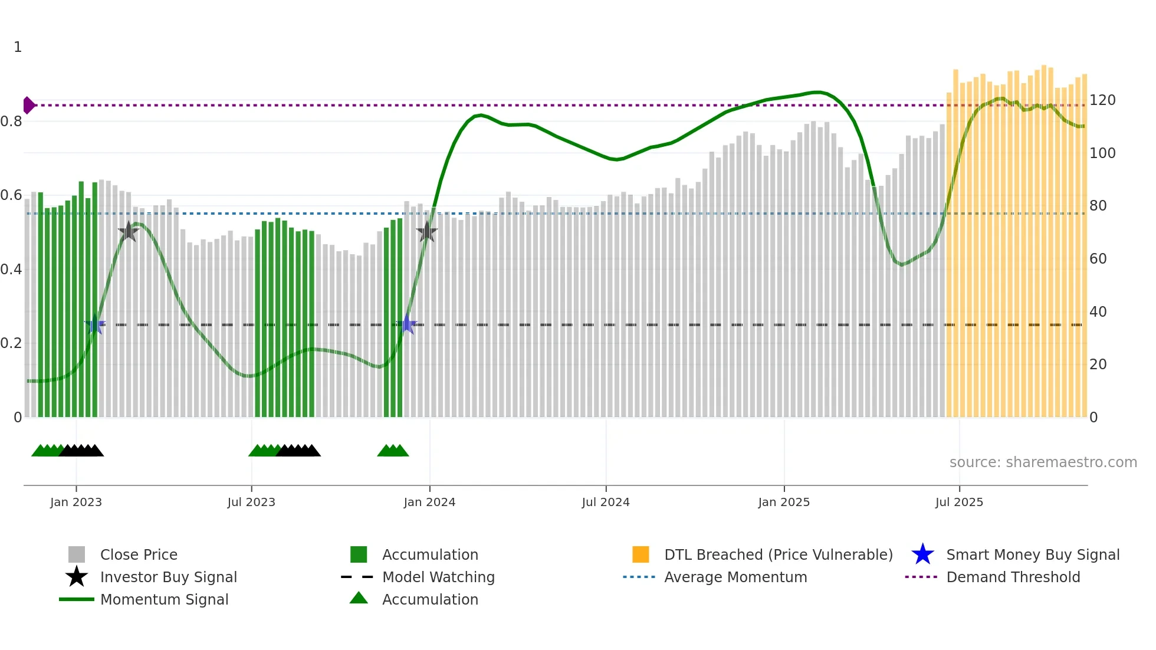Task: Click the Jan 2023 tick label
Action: [x=76, y=502]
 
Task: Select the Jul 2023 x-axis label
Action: [x=251, y=502]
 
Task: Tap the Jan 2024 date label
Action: [x=429, y=502]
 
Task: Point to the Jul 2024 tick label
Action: [x=606, y=502]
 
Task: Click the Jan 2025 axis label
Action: [x=784, y=502]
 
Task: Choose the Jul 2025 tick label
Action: [x=959, y=502]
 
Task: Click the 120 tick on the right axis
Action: [x=1102, y=100]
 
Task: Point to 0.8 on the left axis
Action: [x=11, y=122]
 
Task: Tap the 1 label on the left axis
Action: [x=18, y=47]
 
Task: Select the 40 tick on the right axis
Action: [x=1098, y=311]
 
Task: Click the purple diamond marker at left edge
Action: [x=28, y=105]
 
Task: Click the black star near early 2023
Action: [x=129, y=232]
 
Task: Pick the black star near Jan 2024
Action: [x=427, y=232]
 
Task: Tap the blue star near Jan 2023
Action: [x=95, y=324]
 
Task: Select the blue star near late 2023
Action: [x=407, y=324]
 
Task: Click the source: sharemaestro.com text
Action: [x=1043, y=462]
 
